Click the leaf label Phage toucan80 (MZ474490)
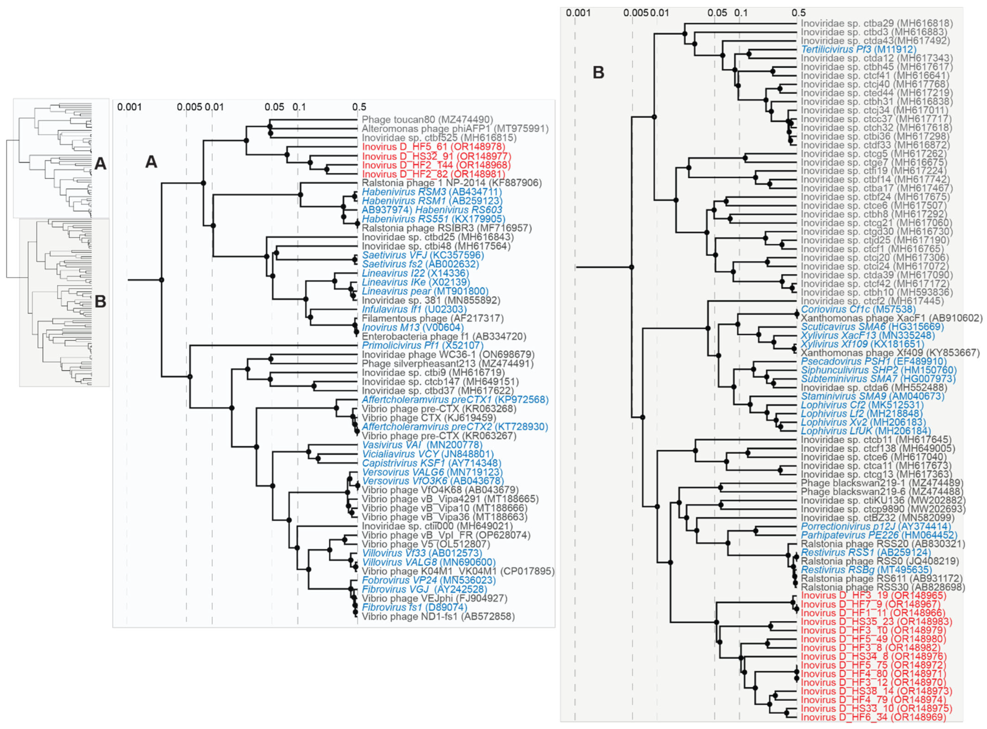pos(427,119)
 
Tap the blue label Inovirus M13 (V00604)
pos(412,327)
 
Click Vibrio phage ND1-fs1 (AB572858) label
pos(438,616)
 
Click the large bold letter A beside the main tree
pos(151,162)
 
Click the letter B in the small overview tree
pos(101,302)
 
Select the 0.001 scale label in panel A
pos(129,107)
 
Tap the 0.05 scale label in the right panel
pos(717,13)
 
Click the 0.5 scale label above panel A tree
pos(359,107)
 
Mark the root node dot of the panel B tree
pos(631,267)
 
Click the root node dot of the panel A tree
pos(161,280)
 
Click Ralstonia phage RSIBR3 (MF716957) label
pos(446,228)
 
